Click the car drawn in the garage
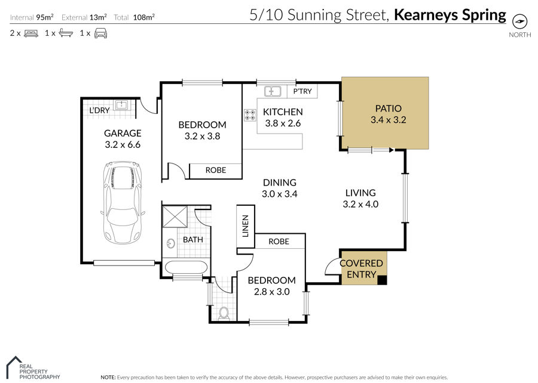point(123,203)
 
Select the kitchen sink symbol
point(273,91)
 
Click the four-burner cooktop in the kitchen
point(250,115)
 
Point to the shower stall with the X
point(175,217)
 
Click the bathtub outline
point(186,267)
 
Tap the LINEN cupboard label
point(245,226)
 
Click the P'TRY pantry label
point(302,91)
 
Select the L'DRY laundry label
point(99,110)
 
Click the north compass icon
point(519,21)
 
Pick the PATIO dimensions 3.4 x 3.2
point(389,120)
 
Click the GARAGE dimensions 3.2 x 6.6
point(123,144)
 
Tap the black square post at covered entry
point(382,280)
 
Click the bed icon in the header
point(31,33)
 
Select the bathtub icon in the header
point(66,33)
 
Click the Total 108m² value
point(143,17)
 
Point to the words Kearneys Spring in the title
point(450,15)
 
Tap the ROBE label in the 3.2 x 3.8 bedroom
point(215,170)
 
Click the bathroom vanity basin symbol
point(170,243)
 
